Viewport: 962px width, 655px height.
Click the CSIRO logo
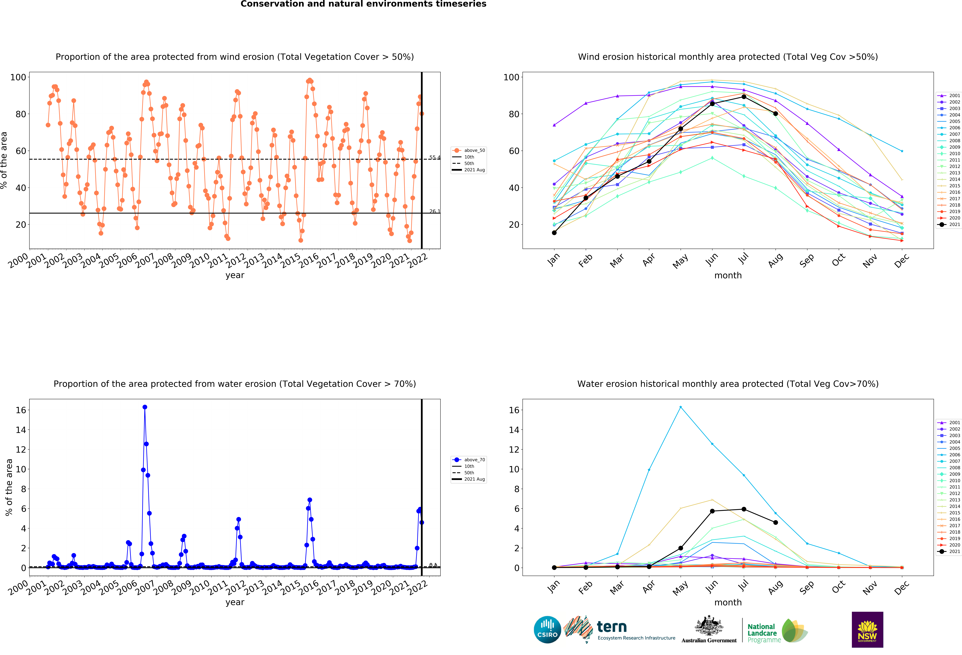point(547,630)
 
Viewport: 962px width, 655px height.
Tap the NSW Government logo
point(867,629)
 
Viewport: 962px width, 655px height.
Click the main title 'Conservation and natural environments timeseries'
point(363,4)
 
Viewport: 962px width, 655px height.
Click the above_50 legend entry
point(469,150)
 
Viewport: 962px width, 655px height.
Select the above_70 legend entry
point(469,460)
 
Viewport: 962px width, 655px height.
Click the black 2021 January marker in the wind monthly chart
point(554,233)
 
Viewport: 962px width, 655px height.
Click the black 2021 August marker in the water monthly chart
point(775,523)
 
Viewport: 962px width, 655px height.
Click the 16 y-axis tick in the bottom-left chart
point(21,410)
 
